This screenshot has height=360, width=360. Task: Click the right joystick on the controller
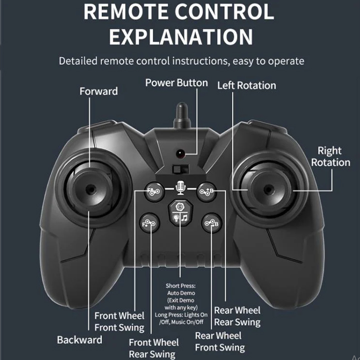tap(268, 189)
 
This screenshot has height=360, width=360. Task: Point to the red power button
tap(180, 154)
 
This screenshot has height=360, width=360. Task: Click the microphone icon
tap(180, 187)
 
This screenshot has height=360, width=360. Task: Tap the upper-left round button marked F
tap(154, 191)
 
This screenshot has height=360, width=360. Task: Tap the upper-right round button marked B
tap(207, 191)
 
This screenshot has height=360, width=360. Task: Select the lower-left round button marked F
tap(149, 223)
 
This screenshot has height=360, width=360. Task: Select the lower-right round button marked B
tap(212, 223)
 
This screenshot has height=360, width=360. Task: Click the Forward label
tap(99, 91)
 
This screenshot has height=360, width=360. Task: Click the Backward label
tap(79, 340)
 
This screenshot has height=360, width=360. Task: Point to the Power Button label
tap(177, 83)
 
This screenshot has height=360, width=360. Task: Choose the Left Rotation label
tap(247, 85)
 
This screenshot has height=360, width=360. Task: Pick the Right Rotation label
tap(331, 157)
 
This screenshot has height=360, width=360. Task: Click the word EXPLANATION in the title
tap(181, 37)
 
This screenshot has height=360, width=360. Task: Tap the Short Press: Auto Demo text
tap(181, 289)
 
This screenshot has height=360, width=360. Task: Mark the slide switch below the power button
tap(181, 170)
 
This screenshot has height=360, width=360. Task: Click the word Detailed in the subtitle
tap(78, 61)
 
